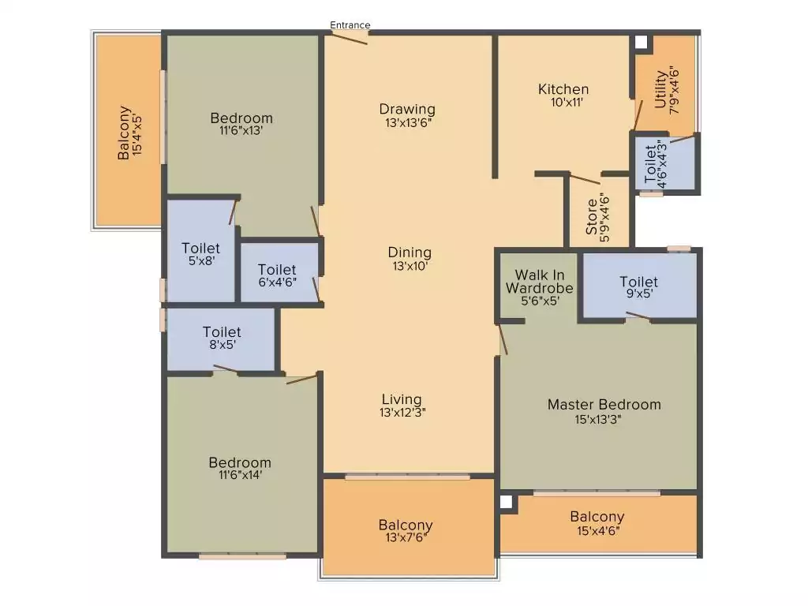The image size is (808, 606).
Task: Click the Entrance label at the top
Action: pos(350,25)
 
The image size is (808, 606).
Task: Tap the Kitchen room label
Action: pos(563,89)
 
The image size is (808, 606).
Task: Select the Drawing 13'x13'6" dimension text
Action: pos(407,122)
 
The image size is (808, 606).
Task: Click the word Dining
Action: pos(410,252)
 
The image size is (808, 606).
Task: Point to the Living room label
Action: pos(402,399)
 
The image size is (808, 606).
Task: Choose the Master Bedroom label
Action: pos(604,405)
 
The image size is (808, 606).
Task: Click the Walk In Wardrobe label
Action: pos(540,282)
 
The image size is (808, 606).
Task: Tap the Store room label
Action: pos(592,217)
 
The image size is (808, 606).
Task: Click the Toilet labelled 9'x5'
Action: pos(638,282)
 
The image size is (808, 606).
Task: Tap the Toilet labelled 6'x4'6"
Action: pos(277,270)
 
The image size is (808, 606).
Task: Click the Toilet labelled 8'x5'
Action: pos(222,332)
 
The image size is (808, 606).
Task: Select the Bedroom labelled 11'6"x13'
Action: pos(241,118)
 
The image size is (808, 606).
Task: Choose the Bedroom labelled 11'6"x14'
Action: pos(240,462)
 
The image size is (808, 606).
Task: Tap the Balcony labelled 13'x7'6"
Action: pos(406,526)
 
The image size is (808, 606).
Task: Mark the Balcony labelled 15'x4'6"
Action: pos(597,517)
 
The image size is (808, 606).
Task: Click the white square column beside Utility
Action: pos(641,42)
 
